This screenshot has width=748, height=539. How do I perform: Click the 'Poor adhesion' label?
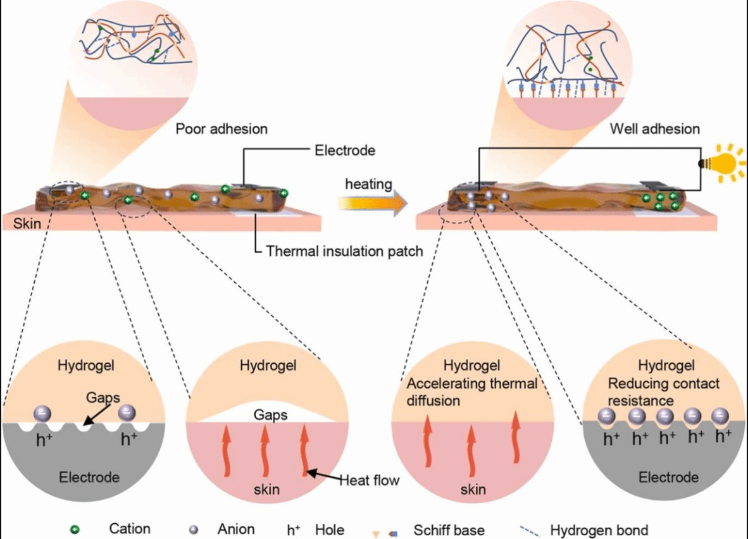pyautogui.click(x=221, y=129)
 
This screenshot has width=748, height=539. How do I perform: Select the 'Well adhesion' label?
pyautogui.click(x=655, y=129)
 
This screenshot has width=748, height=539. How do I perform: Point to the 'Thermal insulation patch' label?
pyautogui.click(x=344, y=251)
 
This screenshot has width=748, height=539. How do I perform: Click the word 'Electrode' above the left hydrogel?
pyautogui.click(x=345, y=151)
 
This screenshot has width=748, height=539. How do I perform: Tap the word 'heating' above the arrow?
pyautogui.click(x=368, y=185)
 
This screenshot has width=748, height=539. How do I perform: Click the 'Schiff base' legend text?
pyautogui.click(x=450, y=530)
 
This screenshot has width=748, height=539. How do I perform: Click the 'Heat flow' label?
pyautogui.click(x=370, y=480)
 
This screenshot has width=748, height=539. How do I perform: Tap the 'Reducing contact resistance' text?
pyautogui.click(x=664, y=392)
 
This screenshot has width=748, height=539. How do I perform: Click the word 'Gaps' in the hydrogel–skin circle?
pyautogui.click(x=270, y=415)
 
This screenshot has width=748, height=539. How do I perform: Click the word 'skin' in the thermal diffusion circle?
pyautogui.click(x=473, y=489)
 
